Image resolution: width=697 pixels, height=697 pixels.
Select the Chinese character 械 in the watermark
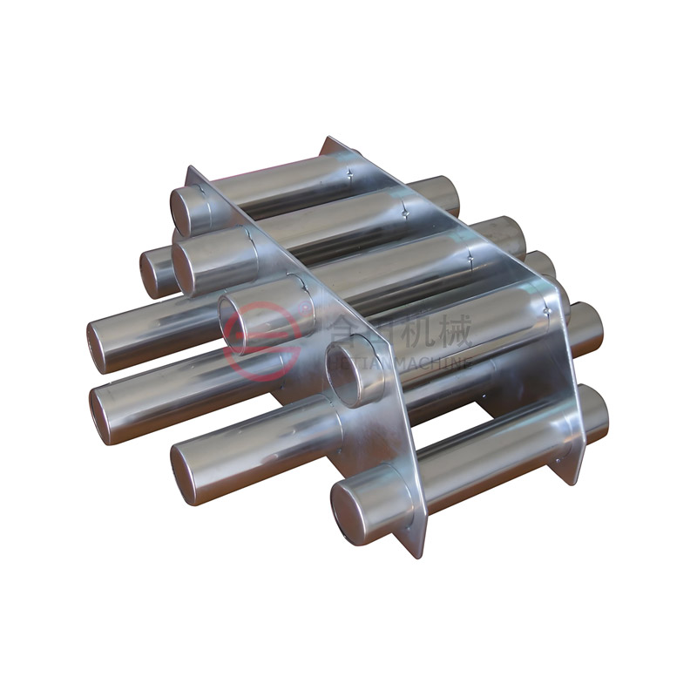(453, 331)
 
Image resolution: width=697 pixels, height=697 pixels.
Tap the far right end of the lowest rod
(594, 413)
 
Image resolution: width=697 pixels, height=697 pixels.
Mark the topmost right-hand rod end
(446, 196)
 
